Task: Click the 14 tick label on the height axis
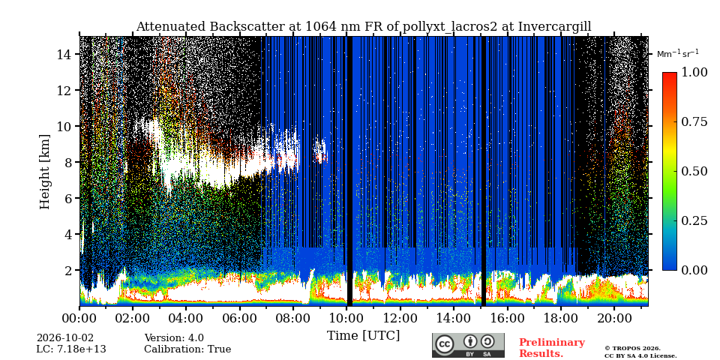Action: click(x=64, y=55)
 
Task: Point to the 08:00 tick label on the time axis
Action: click(x=292, y=318)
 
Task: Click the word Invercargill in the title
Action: click(x=555, y=27)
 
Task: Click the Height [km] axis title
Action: click(x=44, y=172)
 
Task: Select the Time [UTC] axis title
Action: click(x=363, y=336)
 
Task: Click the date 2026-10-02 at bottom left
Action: click(x=64, y=338)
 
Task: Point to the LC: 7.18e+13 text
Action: click(x=71, y=349)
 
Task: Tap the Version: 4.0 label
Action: click(x=174, y=338)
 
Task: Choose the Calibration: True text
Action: click(x=187, y=349)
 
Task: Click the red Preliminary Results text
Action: click(x=552, y=348)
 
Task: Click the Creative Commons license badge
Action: click(x=468, y=345)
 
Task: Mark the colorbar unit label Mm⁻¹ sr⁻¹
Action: click(x=678, y=54)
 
